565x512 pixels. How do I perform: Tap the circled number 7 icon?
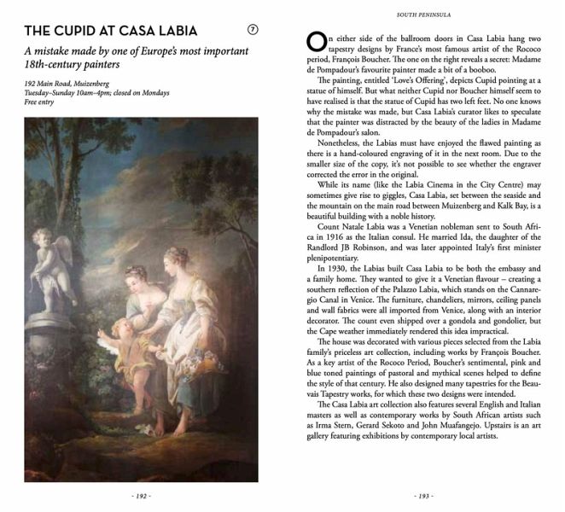(252, 30)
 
